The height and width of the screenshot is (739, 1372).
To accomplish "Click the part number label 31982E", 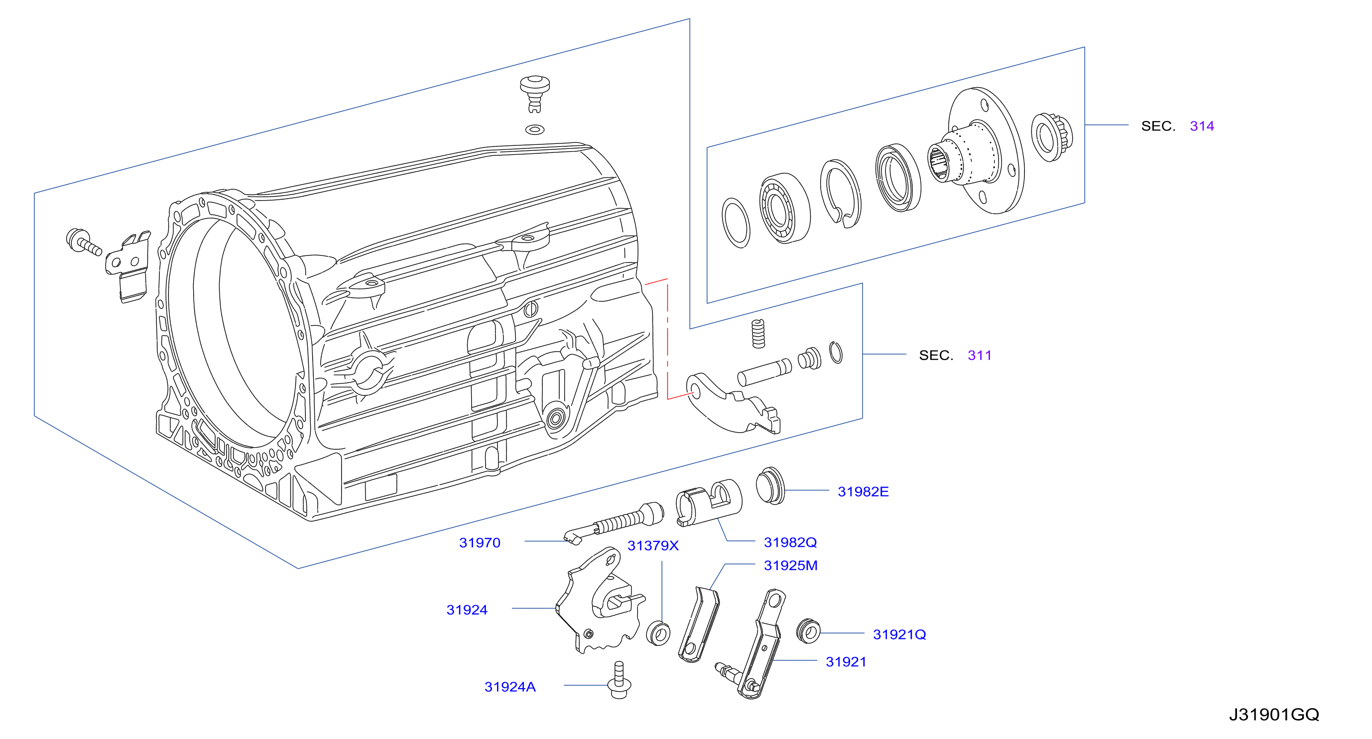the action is point(863,492).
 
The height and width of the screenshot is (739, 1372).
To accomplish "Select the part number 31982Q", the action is point(790,542).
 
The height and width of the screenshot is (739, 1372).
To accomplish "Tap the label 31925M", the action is point(790,565).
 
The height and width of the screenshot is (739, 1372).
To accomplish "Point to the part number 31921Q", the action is point(899,634).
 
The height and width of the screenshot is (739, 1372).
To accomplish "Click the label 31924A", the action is point(509,687).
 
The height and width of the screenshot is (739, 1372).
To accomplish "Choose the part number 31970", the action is point(480,542).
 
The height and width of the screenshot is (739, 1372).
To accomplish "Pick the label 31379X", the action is point(653,546).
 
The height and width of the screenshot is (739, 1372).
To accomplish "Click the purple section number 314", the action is point(1202,125).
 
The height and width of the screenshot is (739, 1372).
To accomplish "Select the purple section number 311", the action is point(979,355).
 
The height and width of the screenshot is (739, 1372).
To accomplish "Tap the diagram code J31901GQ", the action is point(1274,715).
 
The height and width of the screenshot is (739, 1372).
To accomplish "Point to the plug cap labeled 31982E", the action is point(770,486).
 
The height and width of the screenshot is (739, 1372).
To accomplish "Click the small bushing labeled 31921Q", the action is point(808,631).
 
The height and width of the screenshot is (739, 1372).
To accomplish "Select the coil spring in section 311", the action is point(758,334).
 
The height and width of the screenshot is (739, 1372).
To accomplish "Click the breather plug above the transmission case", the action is point(535,94).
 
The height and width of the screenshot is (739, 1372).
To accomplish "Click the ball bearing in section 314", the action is point(784,208).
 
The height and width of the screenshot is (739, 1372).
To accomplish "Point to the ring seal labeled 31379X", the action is point(658,633).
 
